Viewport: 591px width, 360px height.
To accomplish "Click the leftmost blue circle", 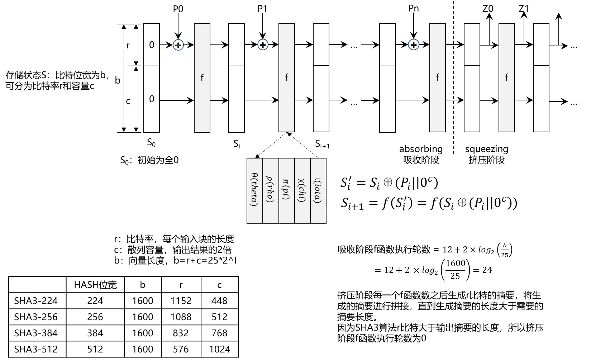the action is click(x=178, y=45).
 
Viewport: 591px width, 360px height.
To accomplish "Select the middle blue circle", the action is click(x=263, y=44).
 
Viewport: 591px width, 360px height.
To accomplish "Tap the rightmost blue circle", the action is click(x=414, y=44).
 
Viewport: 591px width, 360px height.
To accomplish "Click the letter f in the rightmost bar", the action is click(x=506, y=77).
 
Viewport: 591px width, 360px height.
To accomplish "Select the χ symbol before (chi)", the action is click(x=301, y=181).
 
